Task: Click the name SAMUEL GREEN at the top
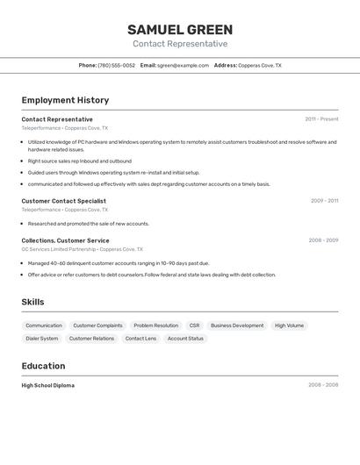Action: (180, 30)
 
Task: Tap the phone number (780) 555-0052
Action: (117, 66)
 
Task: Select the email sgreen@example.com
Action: (184, 66)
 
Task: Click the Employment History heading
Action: (65, 101)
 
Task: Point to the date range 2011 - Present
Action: (321, 119)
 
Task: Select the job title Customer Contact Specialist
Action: (63, 201)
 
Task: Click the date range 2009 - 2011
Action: (324, 201)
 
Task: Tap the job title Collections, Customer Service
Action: (65, 240)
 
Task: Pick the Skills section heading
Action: (32, 303)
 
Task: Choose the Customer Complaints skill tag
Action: (97, 325)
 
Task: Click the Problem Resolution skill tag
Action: (155, 325)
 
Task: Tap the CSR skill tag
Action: (194, 325)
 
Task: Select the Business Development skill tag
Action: (237, 325)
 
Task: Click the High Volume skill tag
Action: (289, 325)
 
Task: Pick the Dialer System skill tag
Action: (42, 339)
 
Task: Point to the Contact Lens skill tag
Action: (140, 339)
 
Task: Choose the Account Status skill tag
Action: (185, 339)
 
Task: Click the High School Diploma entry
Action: (47, 385)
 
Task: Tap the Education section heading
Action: (43, 366)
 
